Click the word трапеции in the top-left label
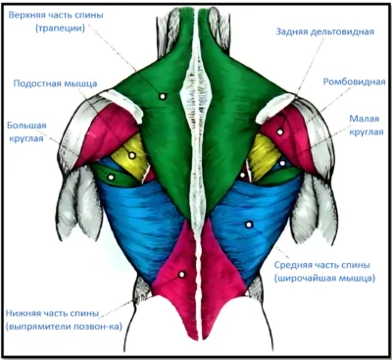(61, 28)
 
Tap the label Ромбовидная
(354, 81)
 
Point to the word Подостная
(37, 83)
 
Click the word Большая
(26, 126)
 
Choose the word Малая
(365, 119)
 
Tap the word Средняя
(292, 265)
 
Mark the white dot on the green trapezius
(163, 96)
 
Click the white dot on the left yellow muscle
(132, 155)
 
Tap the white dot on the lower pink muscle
(182, 275)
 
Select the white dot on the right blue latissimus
(249, 225)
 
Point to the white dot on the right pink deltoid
(280, 132)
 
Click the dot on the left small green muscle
(111, 178)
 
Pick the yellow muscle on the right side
(263, 156)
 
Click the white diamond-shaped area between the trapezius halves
(195, 95)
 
